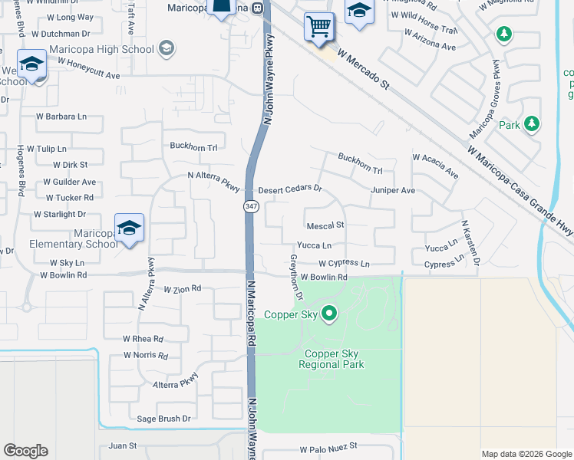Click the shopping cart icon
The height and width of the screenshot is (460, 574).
[x=319, y=28]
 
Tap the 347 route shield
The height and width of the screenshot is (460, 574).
[x=251, y=207]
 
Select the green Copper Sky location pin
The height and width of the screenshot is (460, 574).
[x=330, y=313]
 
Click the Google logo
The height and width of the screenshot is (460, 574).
[x=25, y=451]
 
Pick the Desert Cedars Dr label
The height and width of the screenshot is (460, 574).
[x=289, y=189]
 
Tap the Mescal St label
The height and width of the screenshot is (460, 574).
[x=325, y=226]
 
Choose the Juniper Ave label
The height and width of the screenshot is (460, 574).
[x=392, y=190]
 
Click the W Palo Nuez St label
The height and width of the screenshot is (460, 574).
[x=328, y=447]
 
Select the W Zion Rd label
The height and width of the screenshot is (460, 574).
[x=182, y=289]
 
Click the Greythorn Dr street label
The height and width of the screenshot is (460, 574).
[x=296, y=277]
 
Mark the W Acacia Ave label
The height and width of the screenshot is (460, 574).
[x=435, y=166]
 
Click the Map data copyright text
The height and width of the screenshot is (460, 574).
[x=525, y=454]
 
